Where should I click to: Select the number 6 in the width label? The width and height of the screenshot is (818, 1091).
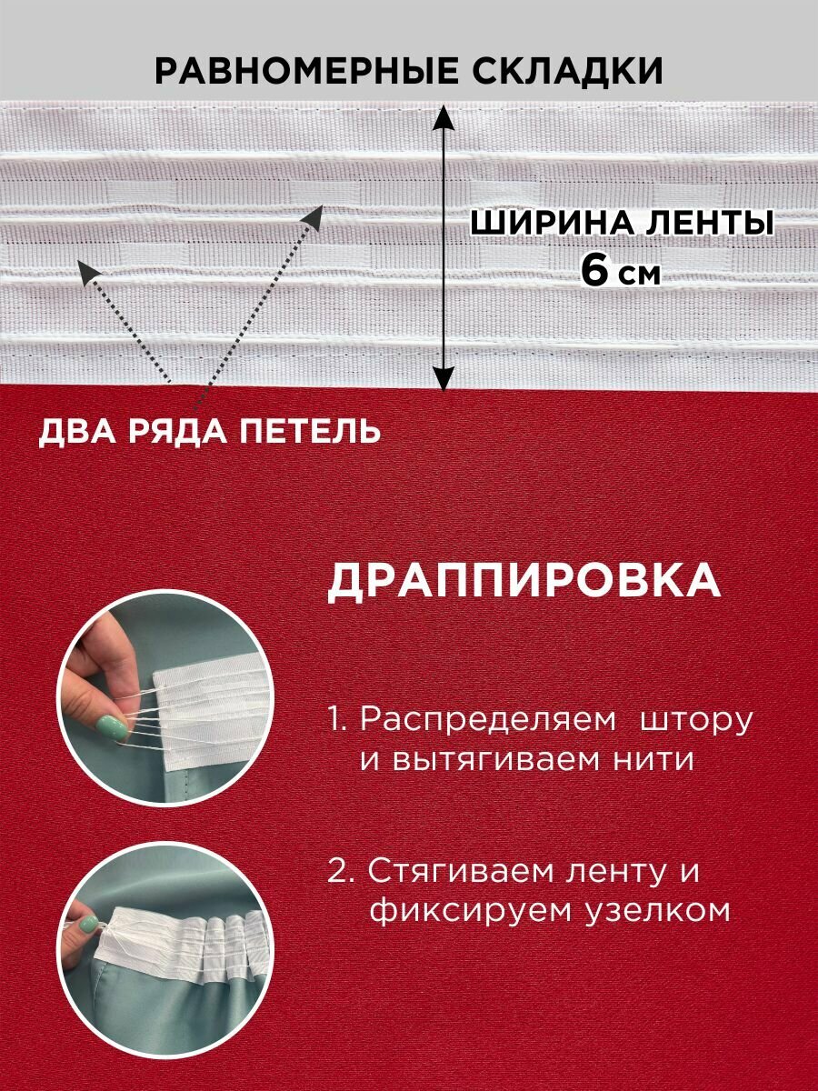[x=595, y=272]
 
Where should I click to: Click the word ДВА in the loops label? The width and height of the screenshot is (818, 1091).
[x=74, y=431]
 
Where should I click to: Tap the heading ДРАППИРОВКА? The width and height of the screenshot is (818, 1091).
[x=524, y=583]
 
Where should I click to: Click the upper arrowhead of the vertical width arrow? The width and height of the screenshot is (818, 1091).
[x=443, y=115]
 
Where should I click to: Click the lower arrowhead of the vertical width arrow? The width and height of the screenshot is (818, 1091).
[x=443, y=379]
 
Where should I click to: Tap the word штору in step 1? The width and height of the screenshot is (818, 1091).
[x=697, y=719]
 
